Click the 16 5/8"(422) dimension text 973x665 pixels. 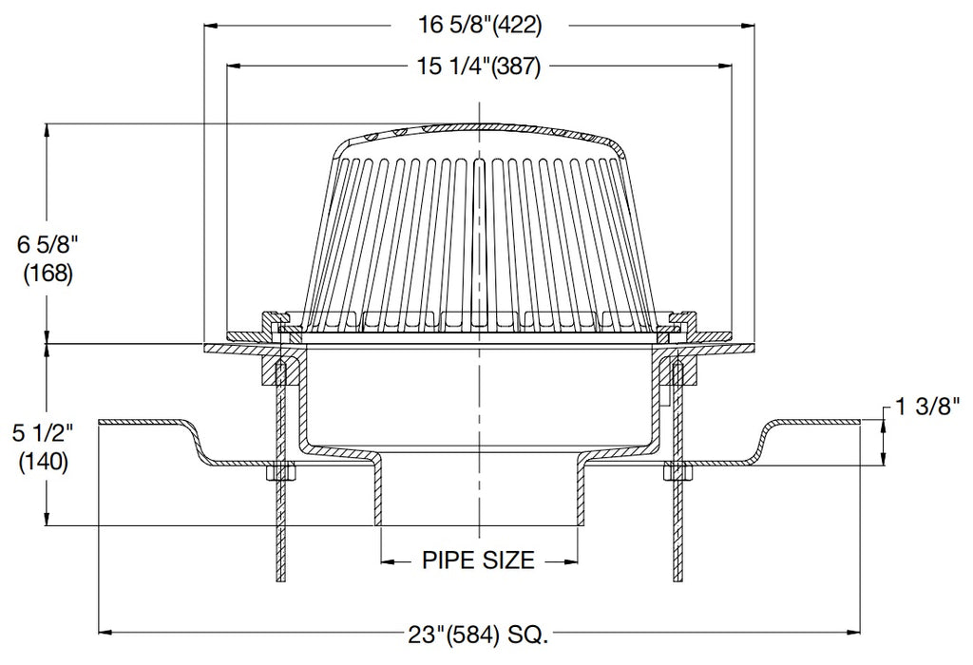click(483, 26)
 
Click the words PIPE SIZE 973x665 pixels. click(478, 560)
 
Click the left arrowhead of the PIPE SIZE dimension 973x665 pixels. click(388, 560)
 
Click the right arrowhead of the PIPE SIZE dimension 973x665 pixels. click(572, 560)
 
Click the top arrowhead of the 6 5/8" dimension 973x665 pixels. click(47, 130)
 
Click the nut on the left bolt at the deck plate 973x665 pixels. click(280, 471)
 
